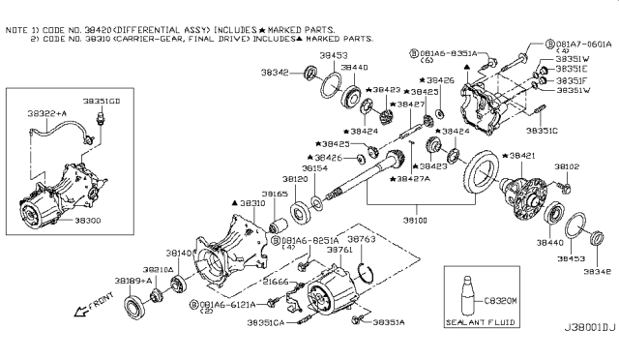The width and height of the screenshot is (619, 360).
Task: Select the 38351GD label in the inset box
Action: tap(102, 100)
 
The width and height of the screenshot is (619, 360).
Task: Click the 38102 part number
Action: tap(567, 167)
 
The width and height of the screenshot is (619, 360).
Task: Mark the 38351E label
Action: tap(571, 70)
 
